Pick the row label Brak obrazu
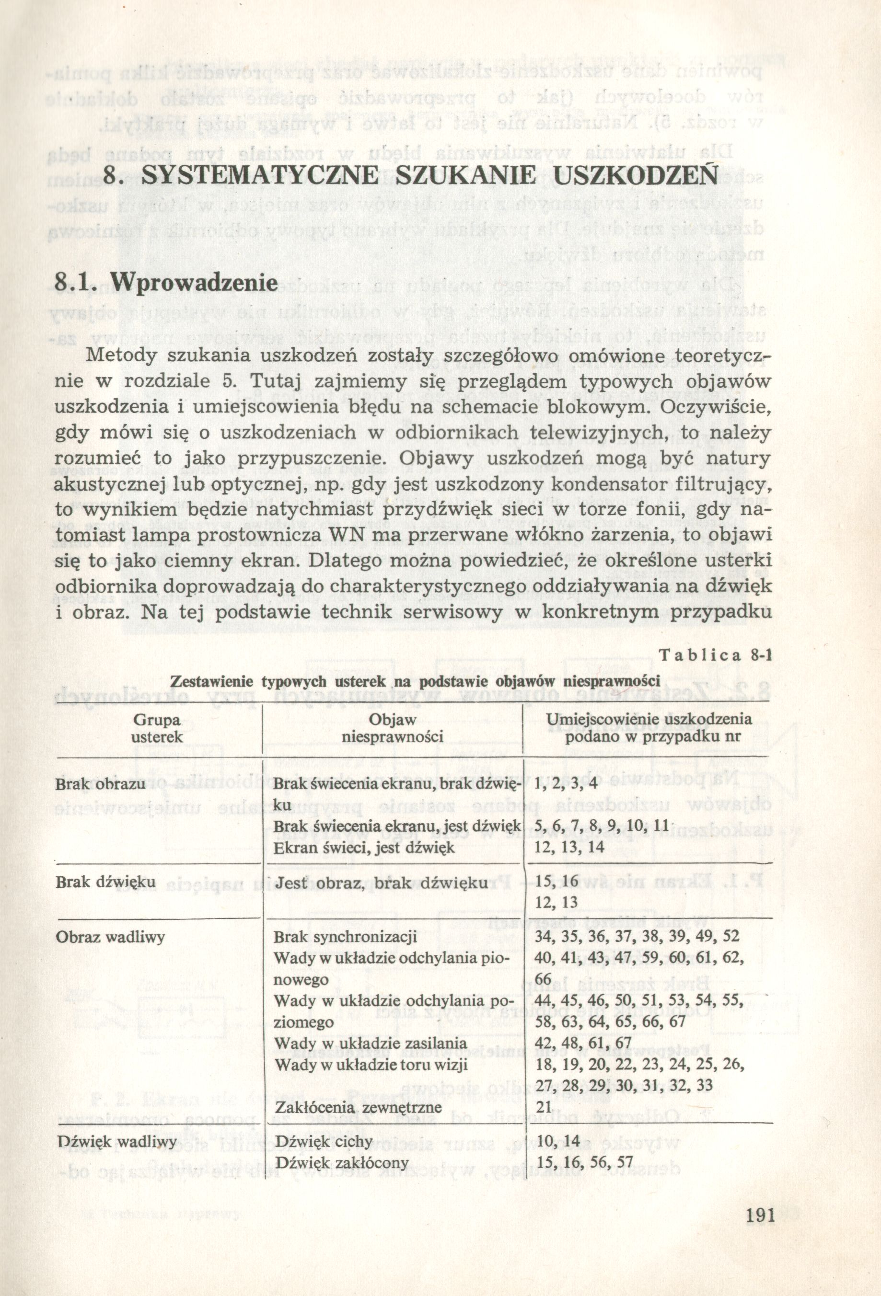pos(101,783)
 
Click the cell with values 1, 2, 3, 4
pos(566,783)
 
